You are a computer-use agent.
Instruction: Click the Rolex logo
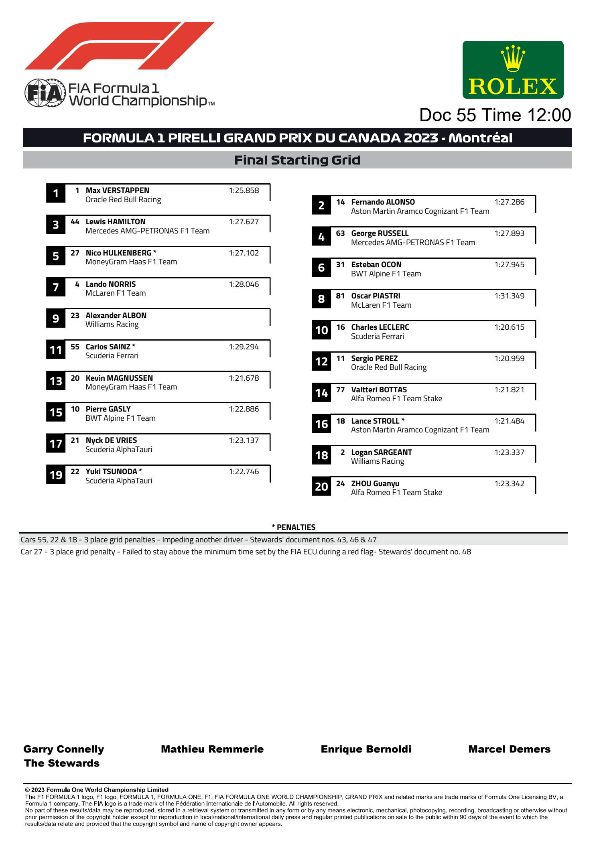click(x=513, y=70)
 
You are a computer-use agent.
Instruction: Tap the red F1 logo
click(x=119, y=46)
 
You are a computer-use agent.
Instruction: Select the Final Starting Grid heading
click(x=297, y=160)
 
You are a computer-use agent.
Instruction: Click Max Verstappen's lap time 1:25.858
click(x=244, y=191)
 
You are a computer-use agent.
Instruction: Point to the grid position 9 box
click(x=56, y=319)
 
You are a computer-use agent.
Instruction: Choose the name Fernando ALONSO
click(x=383, y=202)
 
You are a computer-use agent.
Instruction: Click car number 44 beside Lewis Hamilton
click(x=75, y=222)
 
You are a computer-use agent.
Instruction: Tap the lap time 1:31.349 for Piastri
click(x=509, y=296)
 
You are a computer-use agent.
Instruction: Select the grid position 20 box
click(x=321, y=487)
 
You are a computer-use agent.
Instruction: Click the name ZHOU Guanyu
click(x=375, y=484)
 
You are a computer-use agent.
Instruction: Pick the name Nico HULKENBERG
click(x=118, y=253)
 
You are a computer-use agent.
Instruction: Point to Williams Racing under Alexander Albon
click(x=112, y=325)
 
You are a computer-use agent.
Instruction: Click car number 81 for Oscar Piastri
click(x=340, y=296)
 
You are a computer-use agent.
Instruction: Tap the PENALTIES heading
click(x=294, y=527)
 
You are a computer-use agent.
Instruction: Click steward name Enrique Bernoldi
click(x=366, y=749)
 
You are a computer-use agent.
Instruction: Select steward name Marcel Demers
click(x=509, y=749)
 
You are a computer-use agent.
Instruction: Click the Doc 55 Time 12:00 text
click(x=495, y=115)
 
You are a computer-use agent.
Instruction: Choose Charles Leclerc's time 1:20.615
click(x=509, y=327)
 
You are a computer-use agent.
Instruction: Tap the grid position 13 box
click(x=56, y=381)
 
